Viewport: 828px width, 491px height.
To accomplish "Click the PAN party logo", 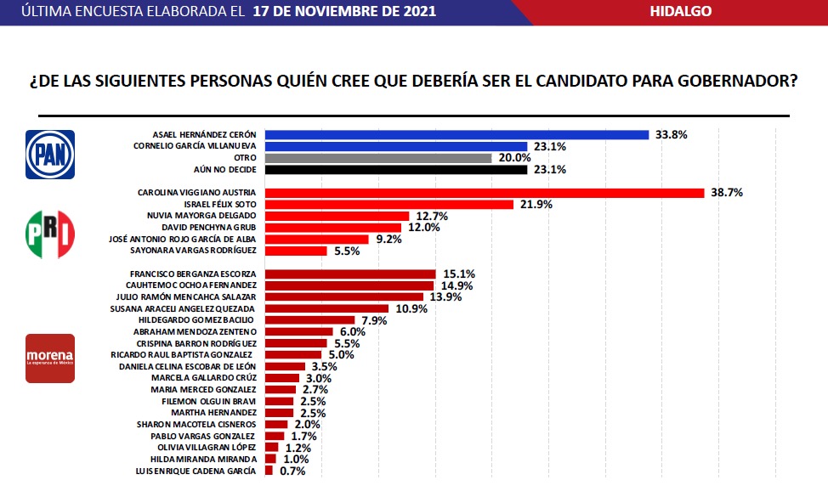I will click(50, 154).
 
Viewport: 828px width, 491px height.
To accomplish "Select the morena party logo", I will click(50, 358).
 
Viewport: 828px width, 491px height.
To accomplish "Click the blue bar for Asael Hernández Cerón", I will click(457, 134).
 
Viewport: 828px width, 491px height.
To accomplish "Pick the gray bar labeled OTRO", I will click(378, 158).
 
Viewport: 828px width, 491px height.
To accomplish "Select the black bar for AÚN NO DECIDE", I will click(396, 170).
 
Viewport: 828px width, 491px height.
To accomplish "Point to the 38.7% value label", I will click(726, 193).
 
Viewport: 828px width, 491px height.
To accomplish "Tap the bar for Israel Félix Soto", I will click(389, 205).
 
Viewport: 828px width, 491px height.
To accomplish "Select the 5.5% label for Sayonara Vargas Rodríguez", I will click(347, 251).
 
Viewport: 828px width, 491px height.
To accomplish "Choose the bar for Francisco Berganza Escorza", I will click(350, 274).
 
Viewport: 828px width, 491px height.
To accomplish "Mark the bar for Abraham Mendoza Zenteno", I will click(299, 331).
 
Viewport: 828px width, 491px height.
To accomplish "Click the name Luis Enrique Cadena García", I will click(197, 470).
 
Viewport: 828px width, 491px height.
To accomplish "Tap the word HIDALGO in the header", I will click(680, 12).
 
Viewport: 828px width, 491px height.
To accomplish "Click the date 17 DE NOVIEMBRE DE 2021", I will click(344, 12).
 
